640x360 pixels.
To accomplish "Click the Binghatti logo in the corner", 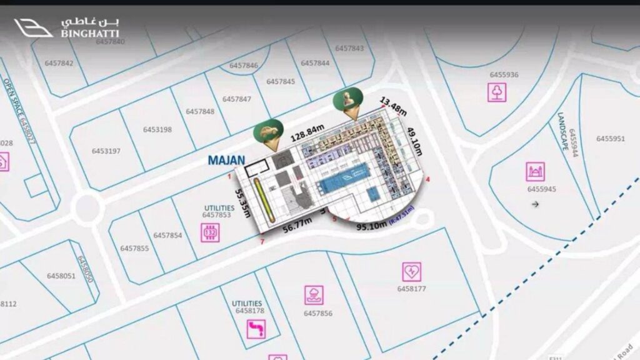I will pyautogui.click(x=66, y=27).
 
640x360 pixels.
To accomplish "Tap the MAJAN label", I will pyautogui.click(x=226, y=161).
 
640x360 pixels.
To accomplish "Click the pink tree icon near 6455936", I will pyautogui.click(x=497, y=92).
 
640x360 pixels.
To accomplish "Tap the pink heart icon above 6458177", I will pyautogui.click(x=411, y=271).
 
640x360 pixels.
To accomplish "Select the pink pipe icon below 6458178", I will pyautogui.click(x=256, y=329).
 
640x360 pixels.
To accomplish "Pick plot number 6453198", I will pyautogui.click(x=157, y=130).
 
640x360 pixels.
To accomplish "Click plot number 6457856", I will pyautogui.click(x=317, y=313).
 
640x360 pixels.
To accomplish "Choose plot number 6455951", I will pyautogui.click(x=610, y=139).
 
